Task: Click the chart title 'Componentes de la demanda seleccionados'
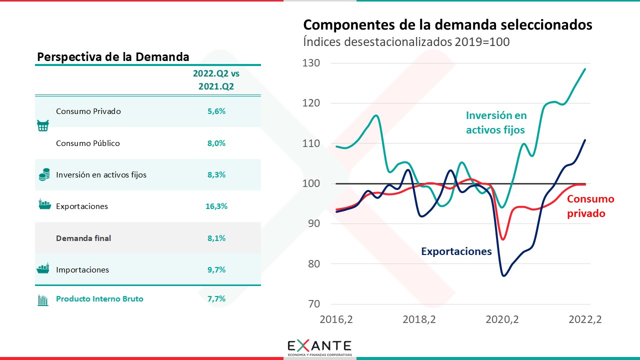(447, 25)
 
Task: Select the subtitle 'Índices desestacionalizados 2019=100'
(406, 42)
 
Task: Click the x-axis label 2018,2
(419, 319)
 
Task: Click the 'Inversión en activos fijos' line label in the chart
(496, 123)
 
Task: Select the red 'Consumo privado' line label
(590, 206)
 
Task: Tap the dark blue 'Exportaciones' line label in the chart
(456, 251)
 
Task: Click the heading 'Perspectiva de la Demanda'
(113, 57)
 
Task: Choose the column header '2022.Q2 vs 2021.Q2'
(216, 80)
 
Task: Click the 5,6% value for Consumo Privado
(216, 111)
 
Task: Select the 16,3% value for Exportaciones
(216, 206)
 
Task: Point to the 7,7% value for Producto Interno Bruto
(216, 299)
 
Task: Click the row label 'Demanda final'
(83, 238)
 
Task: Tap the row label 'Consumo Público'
(88, 143)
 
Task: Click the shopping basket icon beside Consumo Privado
(43, 126)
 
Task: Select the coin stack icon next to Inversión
(44, 175)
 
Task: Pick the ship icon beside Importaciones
(43, 268)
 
